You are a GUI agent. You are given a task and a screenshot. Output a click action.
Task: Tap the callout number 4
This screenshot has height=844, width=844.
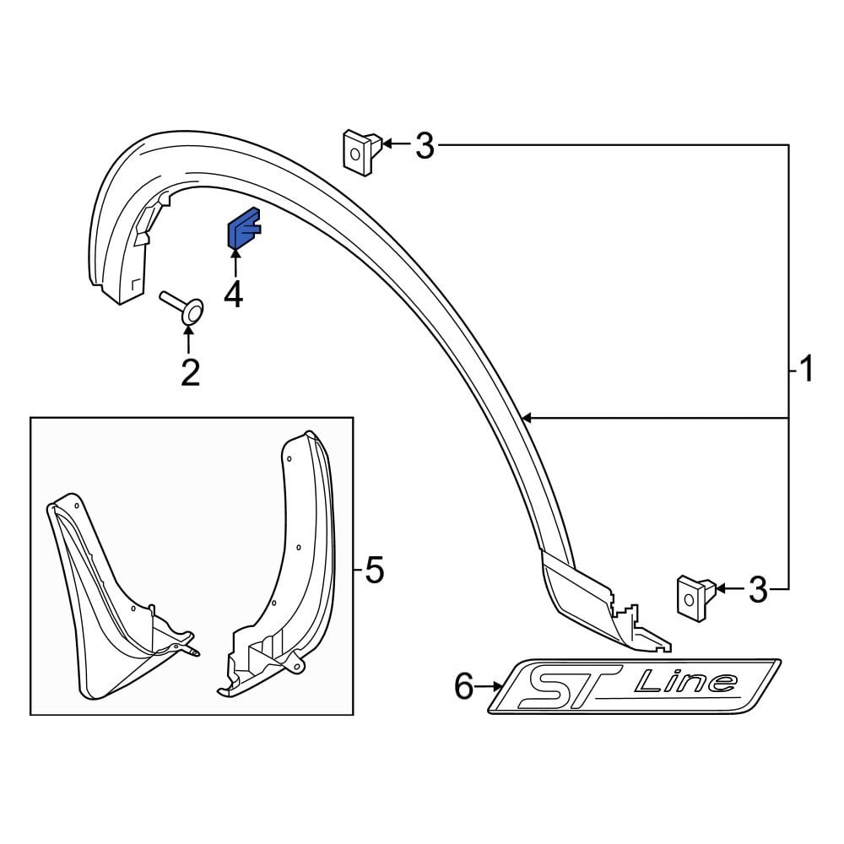[x=233, y=295]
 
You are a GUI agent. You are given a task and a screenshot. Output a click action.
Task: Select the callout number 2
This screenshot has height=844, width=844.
[x=190, y=371]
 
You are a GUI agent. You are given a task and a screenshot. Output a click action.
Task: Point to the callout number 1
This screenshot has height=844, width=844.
[x=806, y=369]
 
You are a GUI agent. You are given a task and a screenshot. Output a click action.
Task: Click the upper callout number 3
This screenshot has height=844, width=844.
[x=424, y=147]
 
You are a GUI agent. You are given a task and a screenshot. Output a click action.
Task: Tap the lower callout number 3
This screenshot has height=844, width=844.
[x=758, y=590]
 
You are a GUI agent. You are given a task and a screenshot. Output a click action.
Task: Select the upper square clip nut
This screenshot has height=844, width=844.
[x=359, y=152]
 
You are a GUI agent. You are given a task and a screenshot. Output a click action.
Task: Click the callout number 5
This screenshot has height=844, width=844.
[x=374, y=571]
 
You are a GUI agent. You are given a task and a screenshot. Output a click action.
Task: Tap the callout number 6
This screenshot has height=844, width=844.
[x=464, y=687]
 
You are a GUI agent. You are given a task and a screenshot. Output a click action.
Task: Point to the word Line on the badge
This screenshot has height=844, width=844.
[x=684, y=681]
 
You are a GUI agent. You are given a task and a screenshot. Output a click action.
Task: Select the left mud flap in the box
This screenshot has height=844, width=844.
[x=110, y=591]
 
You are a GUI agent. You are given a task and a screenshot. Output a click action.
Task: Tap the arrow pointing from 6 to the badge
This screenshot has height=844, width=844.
[x=490, y=687]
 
